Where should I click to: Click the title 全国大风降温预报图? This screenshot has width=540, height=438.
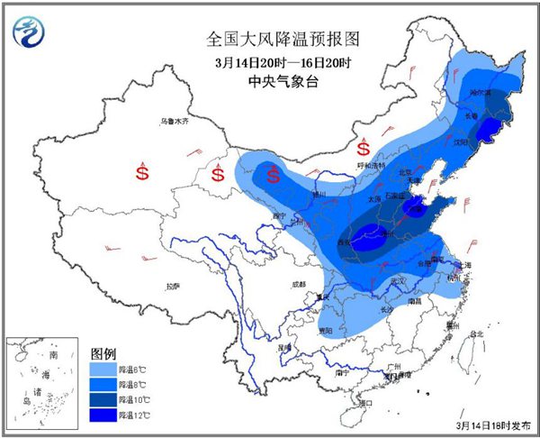coord(270,39)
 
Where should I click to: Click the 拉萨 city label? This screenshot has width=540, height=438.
coord(173,286)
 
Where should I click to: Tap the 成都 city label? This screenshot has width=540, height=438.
coord(298,285)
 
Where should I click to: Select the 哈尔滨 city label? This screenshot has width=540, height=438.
coord(481,93)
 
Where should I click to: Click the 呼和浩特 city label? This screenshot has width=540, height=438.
coord(370,166)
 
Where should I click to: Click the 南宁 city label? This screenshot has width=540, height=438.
coord(340,370)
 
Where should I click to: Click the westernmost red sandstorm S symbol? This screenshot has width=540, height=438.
coord(141,169)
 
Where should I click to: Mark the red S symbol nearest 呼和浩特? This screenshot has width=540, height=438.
coord(364,146)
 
